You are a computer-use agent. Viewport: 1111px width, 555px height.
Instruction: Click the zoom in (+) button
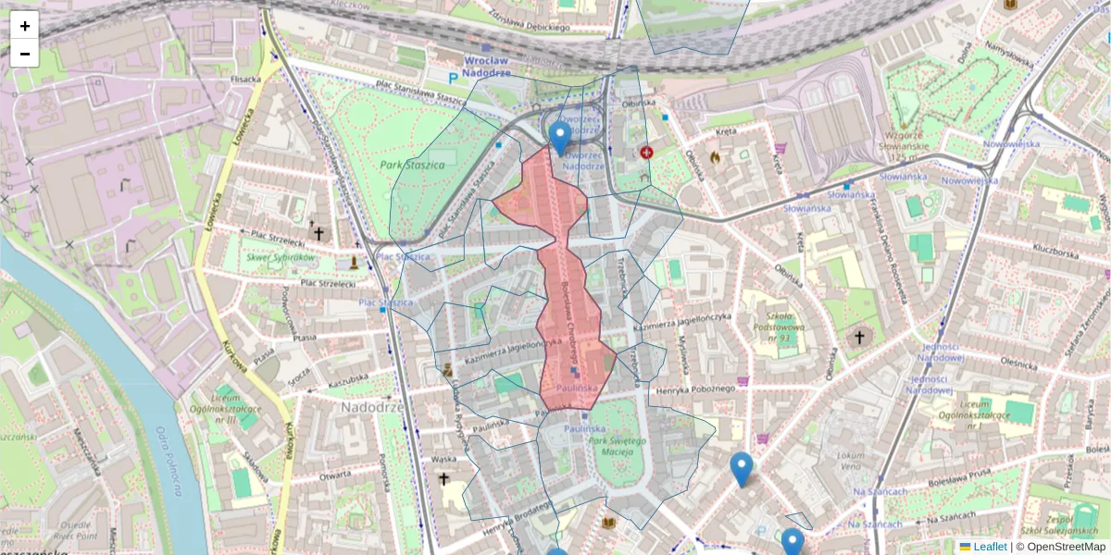24,26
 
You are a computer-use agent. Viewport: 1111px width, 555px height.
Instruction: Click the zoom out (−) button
24,54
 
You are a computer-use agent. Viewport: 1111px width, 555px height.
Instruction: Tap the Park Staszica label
412,165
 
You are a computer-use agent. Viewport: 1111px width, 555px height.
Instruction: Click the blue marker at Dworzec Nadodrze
559,137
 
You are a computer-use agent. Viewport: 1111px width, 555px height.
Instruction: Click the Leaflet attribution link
990,547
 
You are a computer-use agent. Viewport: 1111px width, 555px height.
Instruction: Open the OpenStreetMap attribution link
1067,547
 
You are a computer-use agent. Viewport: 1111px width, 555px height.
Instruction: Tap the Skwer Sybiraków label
281,257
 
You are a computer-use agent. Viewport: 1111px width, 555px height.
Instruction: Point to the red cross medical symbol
646,152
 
